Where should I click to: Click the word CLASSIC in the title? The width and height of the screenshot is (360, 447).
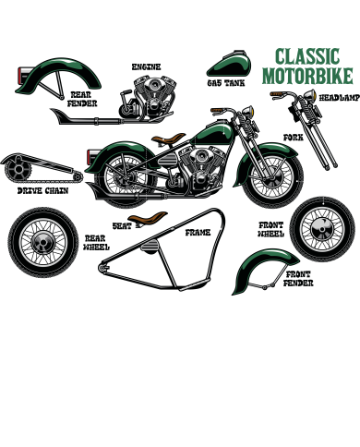(x=307, y=57)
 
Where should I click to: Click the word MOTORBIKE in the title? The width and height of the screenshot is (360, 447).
(x=307, y=75)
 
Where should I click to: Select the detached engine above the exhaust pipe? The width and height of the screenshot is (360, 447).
(x=151, y=94)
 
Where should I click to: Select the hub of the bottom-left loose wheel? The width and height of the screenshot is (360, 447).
(x=43, y=242)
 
